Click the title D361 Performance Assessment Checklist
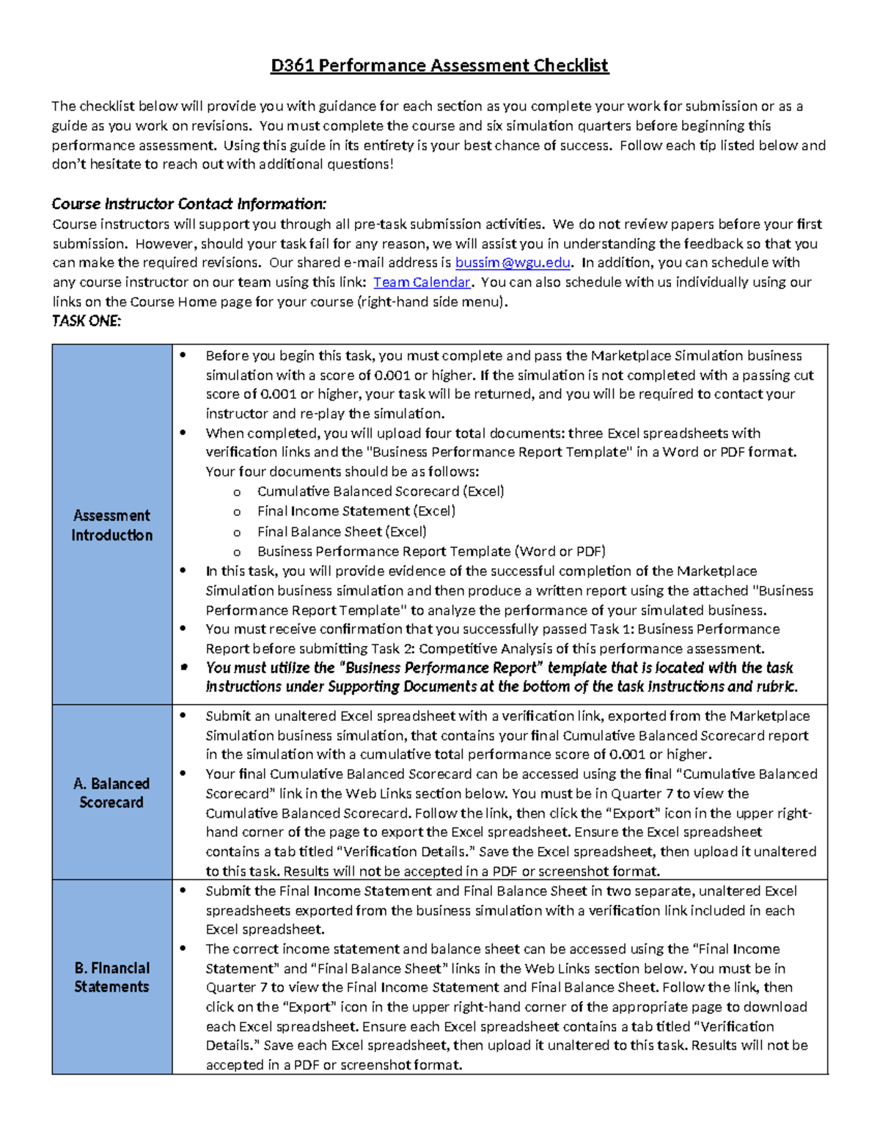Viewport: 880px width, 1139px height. coord(439,65)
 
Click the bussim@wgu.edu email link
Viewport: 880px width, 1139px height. coord(512,263)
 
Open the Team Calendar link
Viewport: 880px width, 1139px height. coord(422,282)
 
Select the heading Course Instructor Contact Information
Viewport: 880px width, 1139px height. coord(188,204)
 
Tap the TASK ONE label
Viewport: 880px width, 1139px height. coord(87,321)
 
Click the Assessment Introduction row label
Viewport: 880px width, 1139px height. coord(111,525)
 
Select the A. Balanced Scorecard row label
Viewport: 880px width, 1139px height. coord(111,793)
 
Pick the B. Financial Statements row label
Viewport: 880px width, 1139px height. coord(111,977)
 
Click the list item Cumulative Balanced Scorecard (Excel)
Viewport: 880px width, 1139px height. coord(380,491)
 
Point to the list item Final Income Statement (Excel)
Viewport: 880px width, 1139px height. coord(356,511)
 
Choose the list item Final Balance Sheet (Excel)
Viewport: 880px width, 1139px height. coord(341,532)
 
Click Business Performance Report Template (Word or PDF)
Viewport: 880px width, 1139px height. coord(430,552)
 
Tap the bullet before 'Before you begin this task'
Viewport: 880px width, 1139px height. coord(183,356)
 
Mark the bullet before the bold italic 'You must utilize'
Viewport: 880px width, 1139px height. coord(183,667)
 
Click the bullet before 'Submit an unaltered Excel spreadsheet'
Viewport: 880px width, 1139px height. coord(183,716)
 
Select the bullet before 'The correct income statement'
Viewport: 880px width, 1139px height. coord(183,949)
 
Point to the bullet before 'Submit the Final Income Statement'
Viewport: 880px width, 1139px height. coord(183,891)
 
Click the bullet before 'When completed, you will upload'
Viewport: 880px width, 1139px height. coord(183,433)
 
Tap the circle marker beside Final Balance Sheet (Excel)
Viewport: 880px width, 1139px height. coord(237,532)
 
